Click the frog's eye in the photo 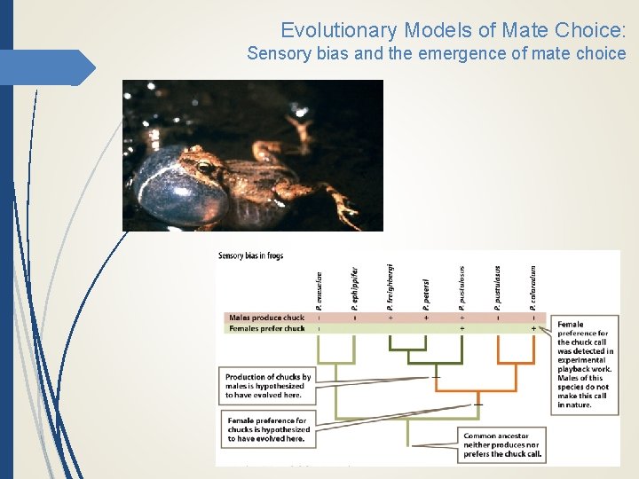(205, 166)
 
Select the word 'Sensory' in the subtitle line (276, 53)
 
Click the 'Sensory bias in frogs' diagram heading (250, 257)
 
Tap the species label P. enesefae (319, 289)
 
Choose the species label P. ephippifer (355, 288)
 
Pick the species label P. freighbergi (390, 286)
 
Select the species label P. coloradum (533, 287)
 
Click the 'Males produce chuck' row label (266, 318)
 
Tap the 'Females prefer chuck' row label (266, 328)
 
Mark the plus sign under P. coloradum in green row (533, 328)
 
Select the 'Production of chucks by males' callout (268, 387)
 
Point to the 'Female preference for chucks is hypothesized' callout (268, 429)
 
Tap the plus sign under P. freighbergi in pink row (390, 318)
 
